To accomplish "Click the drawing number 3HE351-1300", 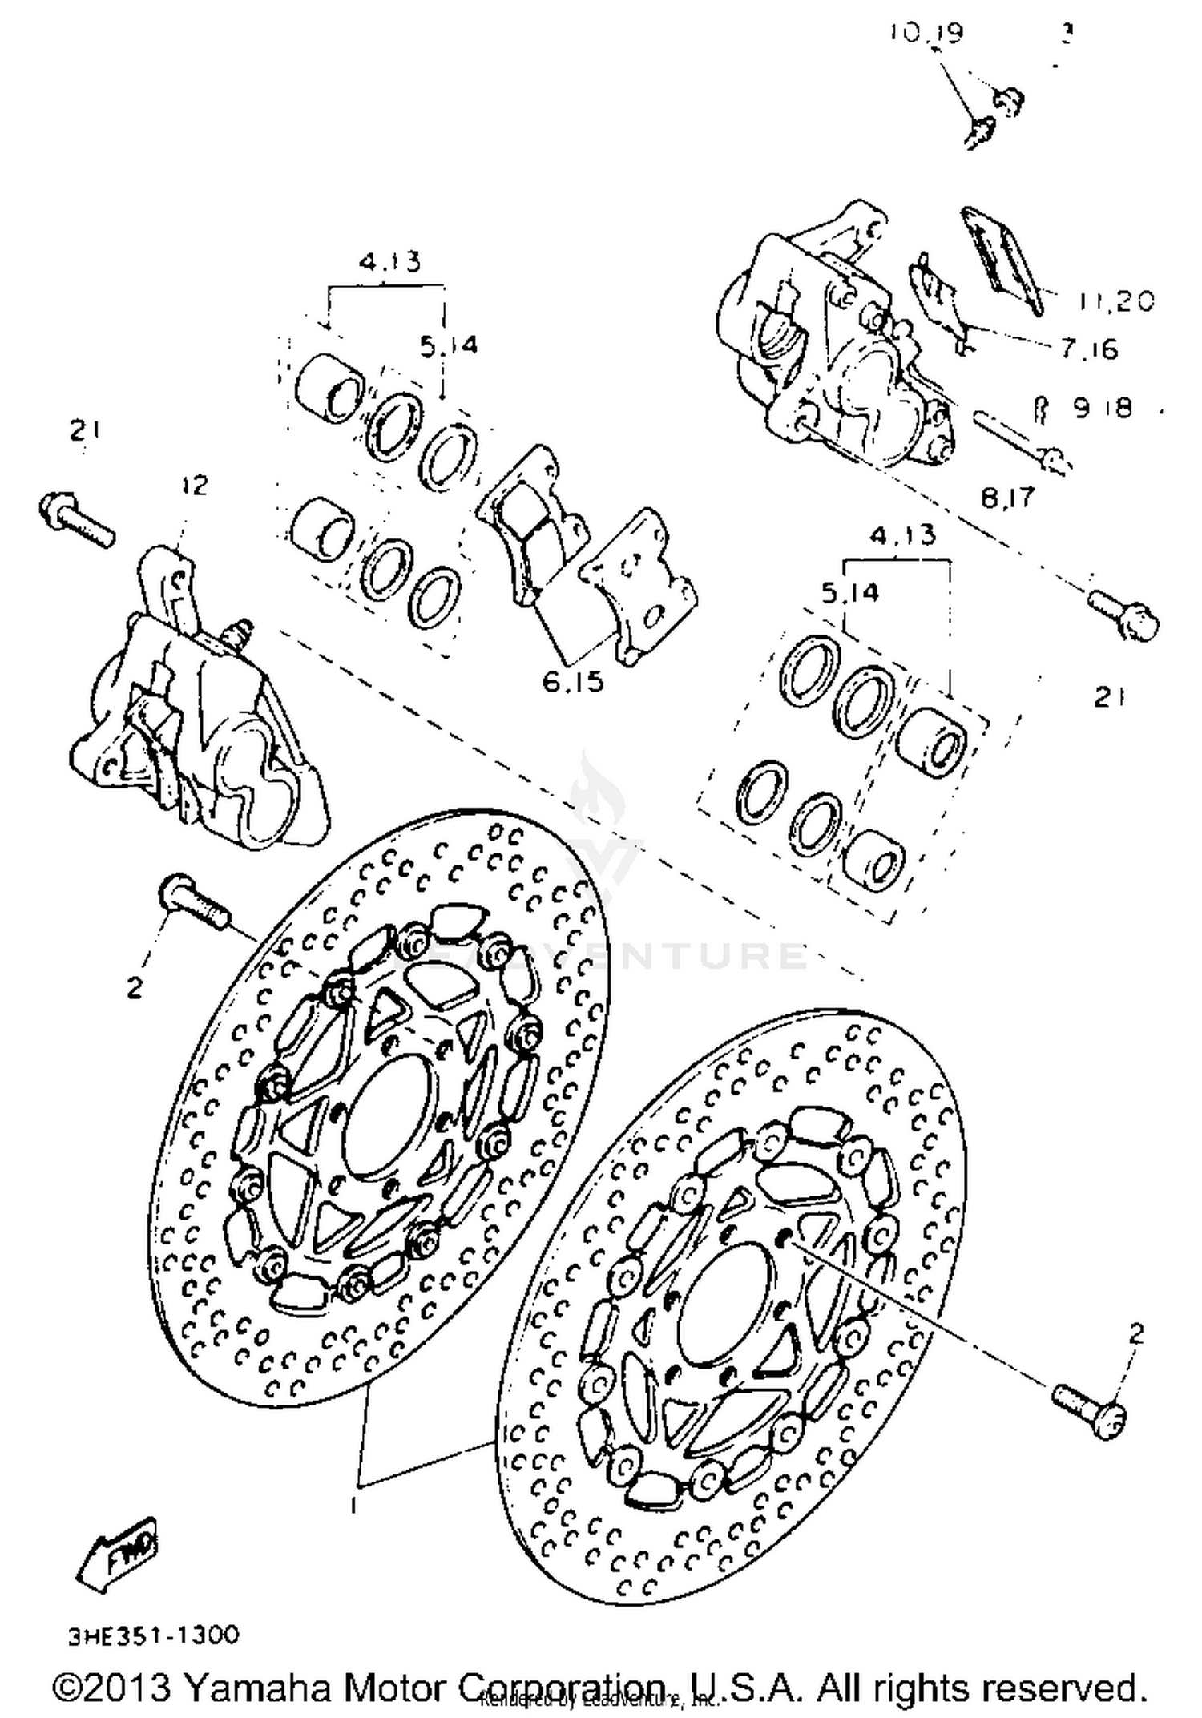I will [153, 1635].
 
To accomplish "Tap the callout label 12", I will [193, 485].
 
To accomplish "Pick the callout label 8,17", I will [1008, 497].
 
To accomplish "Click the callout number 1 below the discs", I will [353, 1506].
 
